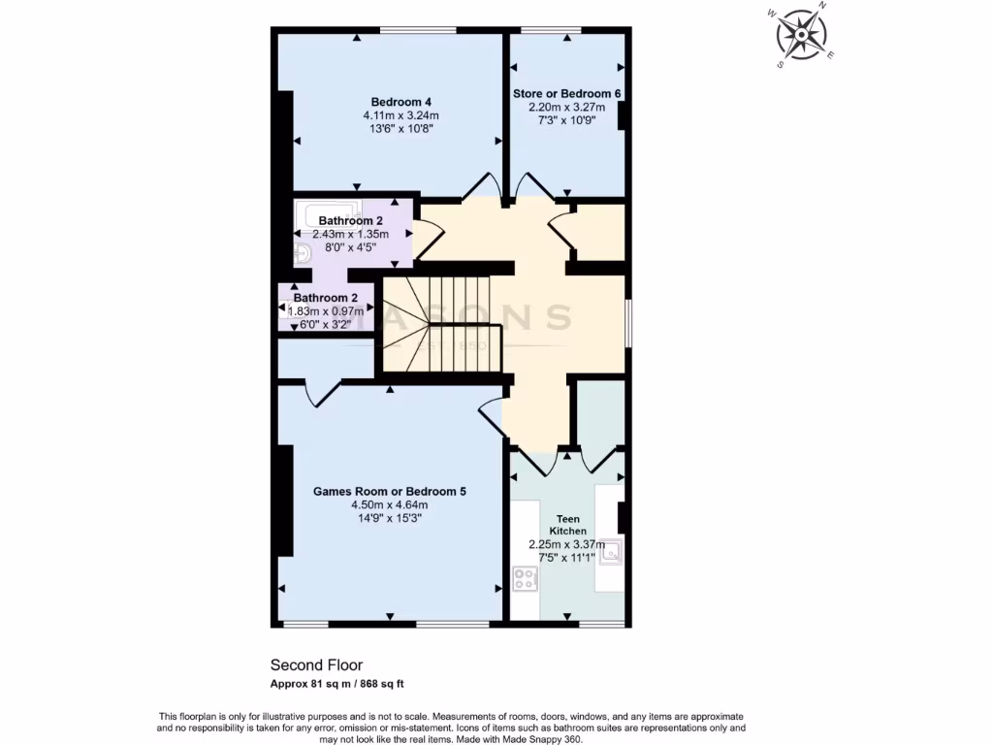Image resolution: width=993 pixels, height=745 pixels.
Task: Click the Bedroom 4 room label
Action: tap(400, 102)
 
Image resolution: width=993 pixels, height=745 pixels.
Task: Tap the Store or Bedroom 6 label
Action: tap(566, 93)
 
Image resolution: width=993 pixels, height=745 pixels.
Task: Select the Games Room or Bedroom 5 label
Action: tap(389, 492)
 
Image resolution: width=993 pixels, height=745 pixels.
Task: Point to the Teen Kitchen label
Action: tap(566, 525)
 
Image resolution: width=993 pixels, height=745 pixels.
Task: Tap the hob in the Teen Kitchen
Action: tap(525, 579)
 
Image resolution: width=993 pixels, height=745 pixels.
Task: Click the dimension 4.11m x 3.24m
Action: tap(400, 115)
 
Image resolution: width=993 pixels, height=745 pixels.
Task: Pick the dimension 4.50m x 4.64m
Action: tap(389, 504)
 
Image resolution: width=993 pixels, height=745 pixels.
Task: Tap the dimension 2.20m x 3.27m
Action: tap(566, 107)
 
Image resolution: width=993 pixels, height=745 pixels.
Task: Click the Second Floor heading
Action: tap(316, 665)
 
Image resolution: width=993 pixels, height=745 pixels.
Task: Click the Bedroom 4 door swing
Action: tap(482, 186)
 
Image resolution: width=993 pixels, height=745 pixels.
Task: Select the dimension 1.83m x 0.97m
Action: tap(326, 310)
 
